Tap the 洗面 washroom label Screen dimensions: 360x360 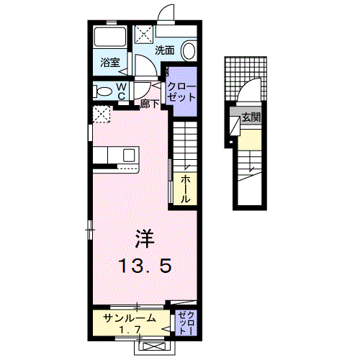point(165,50)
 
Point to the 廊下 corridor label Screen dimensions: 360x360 point(150,103)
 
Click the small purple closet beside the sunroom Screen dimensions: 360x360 point(186,323)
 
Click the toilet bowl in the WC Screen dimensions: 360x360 point(104,91)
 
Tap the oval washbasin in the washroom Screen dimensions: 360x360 point(189,51)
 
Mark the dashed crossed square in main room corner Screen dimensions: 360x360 point(102,114)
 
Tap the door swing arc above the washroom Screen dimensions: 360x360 point(167,15)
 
